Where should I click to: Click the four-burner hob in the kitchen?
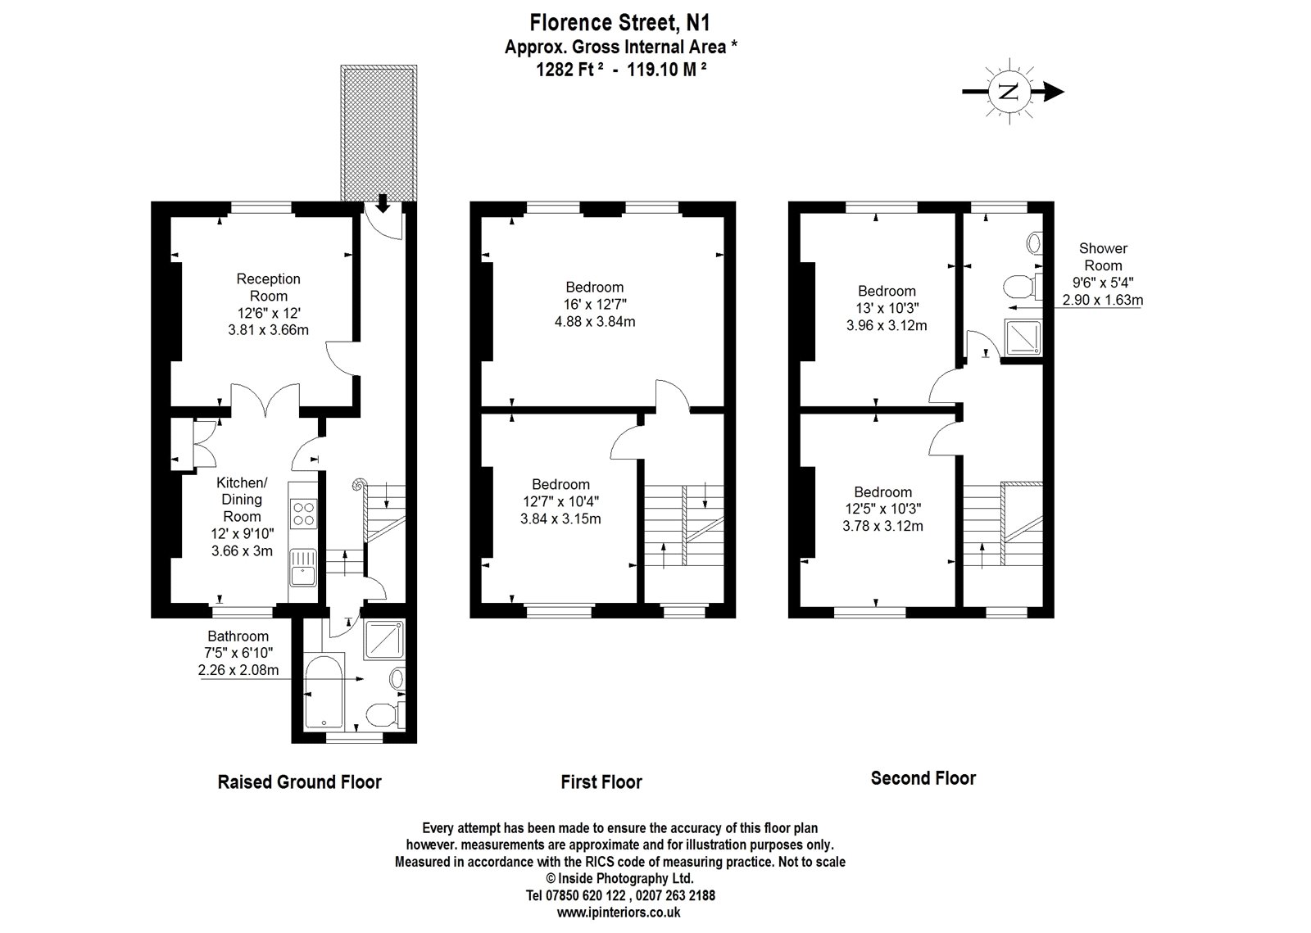point(304,513)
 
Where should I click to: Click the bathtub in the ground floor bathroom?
point(326,692)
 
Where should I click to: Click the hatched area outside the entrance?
point(379,131)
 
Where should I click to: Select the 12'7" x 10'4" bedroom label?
point(560,501)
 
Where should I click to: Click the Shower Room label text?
point(1103,256)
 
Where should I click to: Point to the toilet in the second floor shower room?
point(1018,288)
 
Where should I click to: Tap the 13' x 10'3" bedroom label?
point(887,308)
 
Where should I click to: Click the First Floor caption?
point(601,782)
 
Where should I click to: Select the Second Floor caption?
point(923,778)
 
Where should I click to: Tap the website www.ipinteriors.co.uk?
point(619,912)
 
